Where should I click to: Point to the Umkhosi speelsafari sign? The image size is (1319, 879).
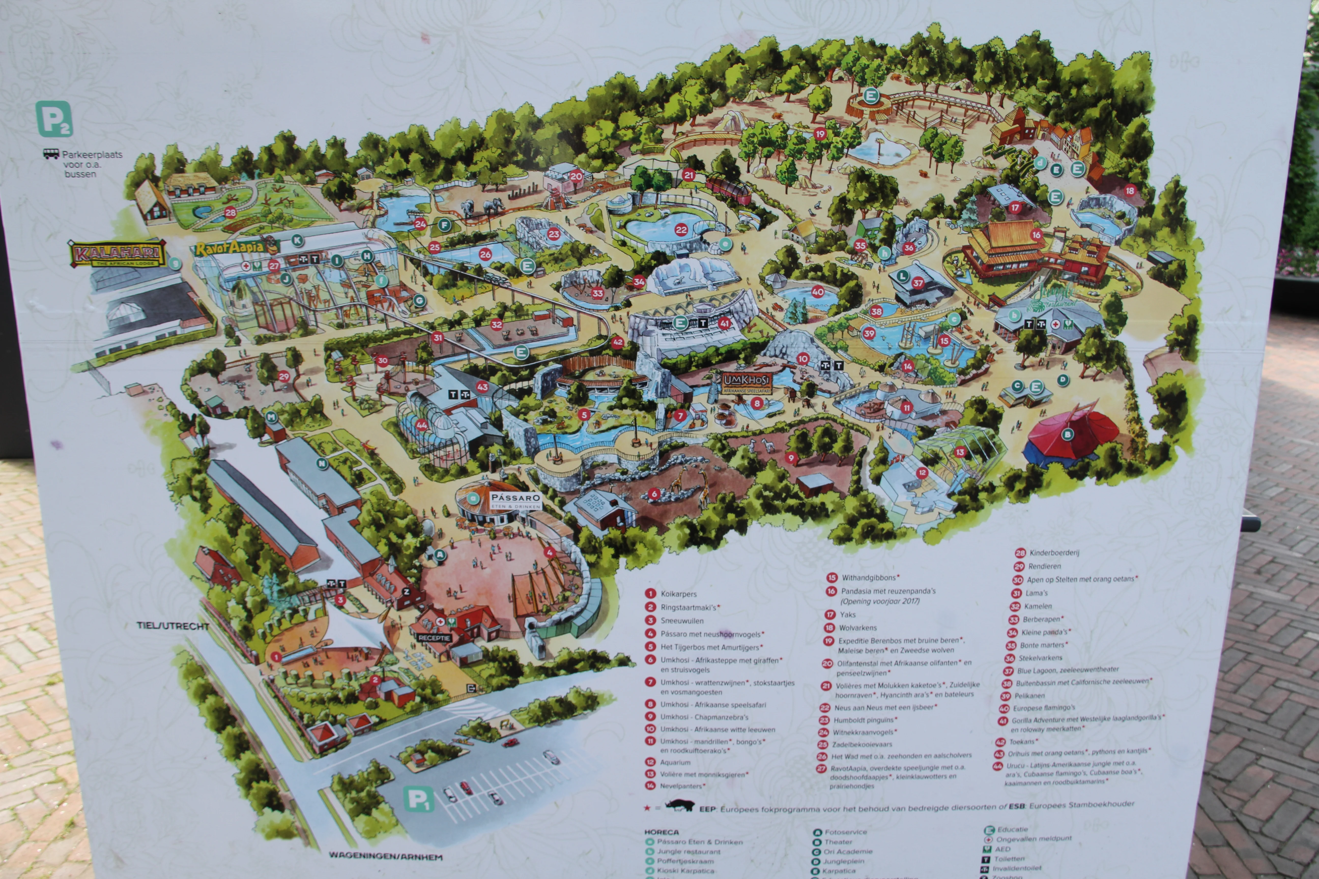(x=747, y=381)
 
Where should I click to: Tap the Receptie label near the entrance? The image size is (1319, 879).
(x=434, y=638)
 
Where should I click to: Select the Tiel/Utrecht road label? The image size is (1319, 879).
(x=173, y=626)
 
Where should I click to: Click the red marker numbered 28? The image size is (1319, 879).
(x=230, y=212)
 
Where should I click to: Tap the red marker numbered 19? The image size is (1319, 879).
(x=820, y=134)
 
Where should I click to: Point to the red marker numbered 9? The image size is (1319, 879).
(x=791, y=458)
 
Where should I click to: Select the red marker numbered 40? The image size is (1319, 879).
(x=818, y=291)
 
